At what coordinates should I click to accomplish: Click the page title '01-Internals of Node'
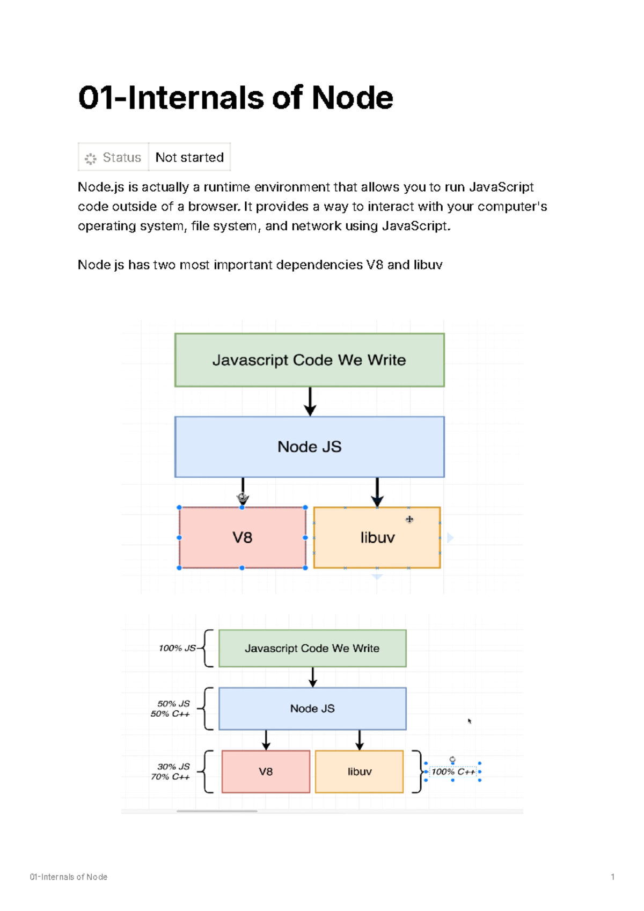click(x=236, y=98)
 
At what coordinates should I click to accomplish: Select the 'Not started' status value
click(x=189, y=157)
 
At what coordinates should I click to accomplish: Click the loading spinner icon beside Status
click(x=90, y=158)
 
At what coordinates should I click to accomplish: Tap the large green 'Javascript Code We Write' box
click(x=309, y=360)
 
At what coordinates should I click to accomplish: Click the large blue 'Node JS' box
click(x=309, y=447)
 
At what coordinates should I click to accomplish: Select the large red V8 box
click(x=242, y=537)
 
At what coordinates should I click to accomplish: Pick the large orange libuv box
click(x=377, y=537)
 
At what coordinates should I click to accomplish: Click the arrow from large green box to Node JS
click(x=310, y=401)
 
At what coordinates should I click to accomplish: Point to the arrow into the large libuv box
click(x=377, y=492)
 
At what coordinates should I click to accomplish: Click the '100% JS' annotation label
click(x=177, y=648)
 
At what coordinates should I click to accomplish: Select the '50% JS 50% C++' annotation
click(x=171, y=709)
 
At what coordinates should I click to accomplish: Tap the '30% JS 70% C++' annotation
click(x=171, y=771)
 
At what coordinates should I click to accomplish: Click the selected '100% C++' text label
click(x=453, y=771)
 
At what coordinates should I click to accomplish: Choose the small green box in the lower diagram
click(x=312, y=648)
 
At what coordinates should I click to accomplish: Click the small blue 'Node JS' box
click(x=312, y=709)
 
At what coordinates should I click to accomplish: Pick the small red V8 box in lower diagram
click(x=266, y=771)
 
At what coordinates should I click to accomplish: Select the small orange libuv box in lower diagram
click(x=359, y=771)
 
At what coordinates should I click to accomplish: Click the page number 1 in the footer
click(x=612, y=877)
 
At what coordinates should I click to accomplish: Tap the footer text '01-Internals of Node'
click(x=69, y=877)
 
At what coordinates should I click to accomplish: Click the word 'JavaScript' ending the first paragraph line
click(x=501, y=187)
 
